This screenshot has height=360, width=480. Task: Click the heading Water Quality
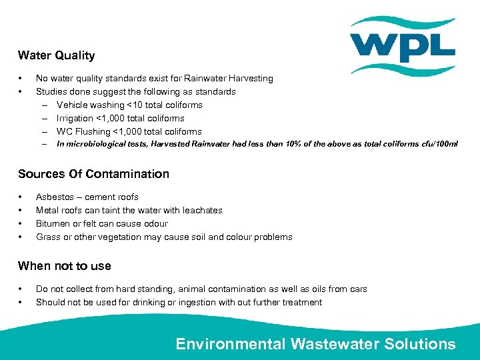[56, 55]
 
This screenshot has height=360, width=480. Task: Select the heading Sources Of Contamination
[93, 174]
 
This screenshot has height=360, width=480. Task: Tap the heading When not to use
[65, 266]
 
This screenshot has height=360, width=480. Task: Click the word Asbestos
[54, 197]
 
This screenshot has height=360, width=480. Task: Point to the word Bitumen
[51, 223]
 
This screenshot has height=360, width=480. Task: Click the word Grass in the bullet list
[47, 237]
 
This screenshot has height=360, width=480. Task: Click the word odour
[155, 223]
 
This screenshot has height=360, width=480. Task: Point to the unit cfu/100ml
[437, 144]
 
